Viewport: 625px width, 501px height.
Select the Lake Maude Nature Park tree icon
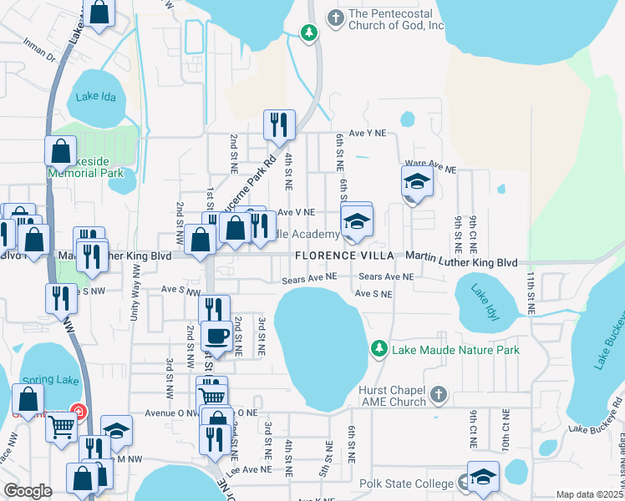[x=379, y=347]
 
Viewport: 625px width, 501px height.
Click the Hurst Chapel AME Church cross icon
[x=440, y=393]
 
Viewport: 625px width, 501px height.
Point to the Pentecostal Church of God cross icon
[x=336, y=18]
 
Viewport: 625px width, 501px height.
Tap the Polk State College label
[x=406, y=483]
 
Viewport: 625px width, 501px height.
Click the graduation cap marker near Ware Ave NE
[x=415, y=181]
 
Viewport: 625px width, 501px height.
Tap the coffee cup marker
[x=216, y=336]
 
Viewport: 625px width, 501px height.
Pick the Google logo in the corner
[x=27, y=490]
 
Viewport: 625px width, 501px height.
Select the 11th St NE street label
[x=530, y=289]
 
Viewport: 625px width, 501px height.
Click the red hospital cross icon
[x=78, y=412]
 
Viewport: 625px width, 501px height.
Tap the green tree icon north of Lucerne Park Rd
[x=309, y=33]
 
